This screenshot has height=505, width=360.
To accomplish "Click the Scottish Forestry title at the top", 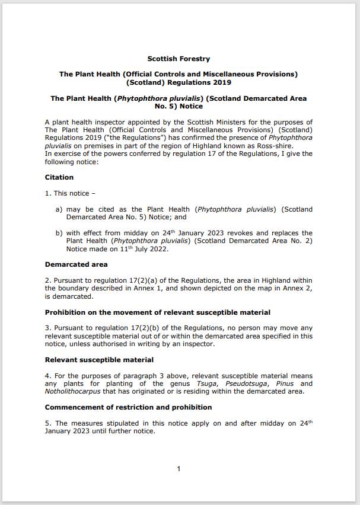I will coord(178,59).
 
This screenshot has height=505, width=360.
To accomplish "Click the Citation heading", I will coord(59,177).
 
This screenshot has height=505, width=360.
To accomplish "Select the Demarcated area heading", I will coord(76,264).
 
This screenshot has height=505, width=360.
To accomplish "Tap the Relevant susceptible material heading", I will coord(99,360).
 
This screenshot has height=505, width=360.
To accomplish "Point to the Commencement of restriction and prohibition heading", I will coord(128,407).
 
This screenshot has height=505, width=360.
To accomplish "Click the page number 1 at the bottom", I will coord(178,469).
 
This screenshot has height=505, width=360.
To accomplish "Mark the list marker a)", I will coord(59,209).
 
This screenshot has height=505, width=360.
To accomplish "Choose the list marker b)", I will coord(59,233).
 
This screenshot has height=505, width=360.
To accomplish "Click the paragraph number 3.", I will coord(47,328).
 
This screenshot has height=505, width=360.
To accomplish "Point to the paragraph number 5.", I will coord(47,423).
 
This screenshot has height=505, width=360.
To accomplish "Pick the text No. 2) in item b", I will coord(301,241).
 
